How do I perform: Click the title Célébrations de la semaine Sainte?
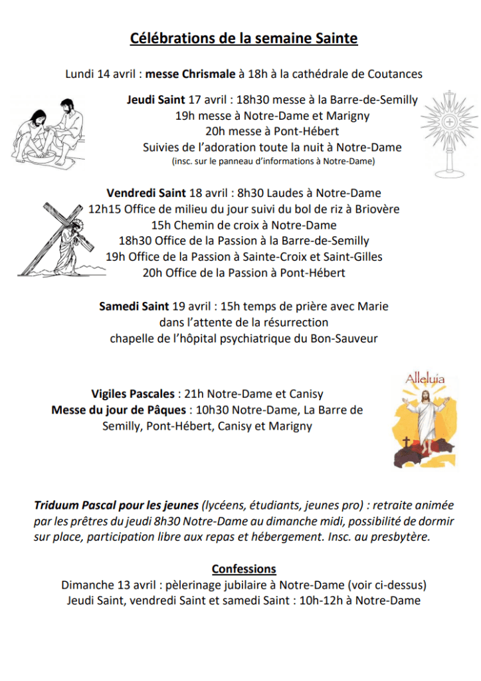(244, 39)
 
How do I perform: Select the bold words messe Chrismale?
(191, 74)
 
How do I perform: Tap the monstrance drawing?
(450, 134)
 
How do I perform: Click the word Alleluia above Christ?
(425, 379)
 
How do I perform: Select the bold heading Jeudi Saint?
(156, 100)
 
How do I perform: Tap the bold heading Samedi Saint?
(134, 307)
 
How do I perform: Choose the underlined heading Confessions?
(244, 569)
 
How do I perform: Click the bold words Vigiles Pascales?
(133, 394)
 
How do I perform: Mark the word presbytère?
(398, 537)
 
